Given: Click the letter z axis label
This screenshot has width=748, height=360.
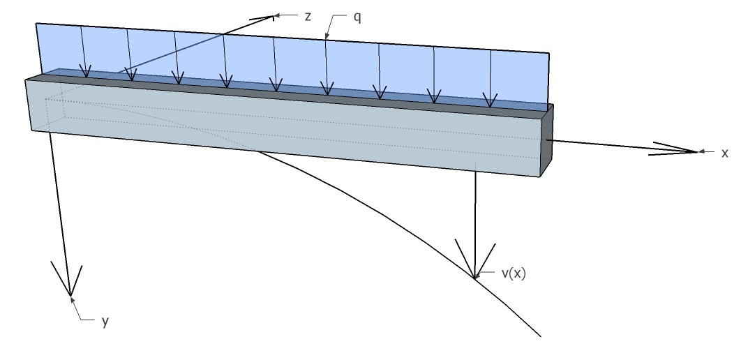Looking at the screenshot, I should pyautogui.click(x=308, y=15).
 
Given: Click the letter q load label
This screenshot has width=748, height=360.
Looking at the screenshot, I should pyautogui.click(x=357, y=15).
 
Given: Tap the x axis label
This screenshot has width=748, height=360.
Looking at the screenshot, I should pyautogui.click(x=725, y=153).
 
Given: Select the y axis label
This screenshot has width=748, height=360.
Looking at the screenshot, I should pyautogui.click(x=105, y=322).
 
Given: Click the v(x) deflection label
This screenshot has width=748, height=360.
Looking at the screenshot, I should pyautogui.click(x=514, y=273).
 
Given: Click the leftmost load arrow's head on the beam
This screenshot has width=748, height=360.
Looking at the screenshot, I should pyautogui.click(x=86, y=73).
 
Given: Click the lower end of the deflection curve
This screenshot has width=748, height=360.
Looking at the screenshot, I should pyautogui.click(x=539, y=337).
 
